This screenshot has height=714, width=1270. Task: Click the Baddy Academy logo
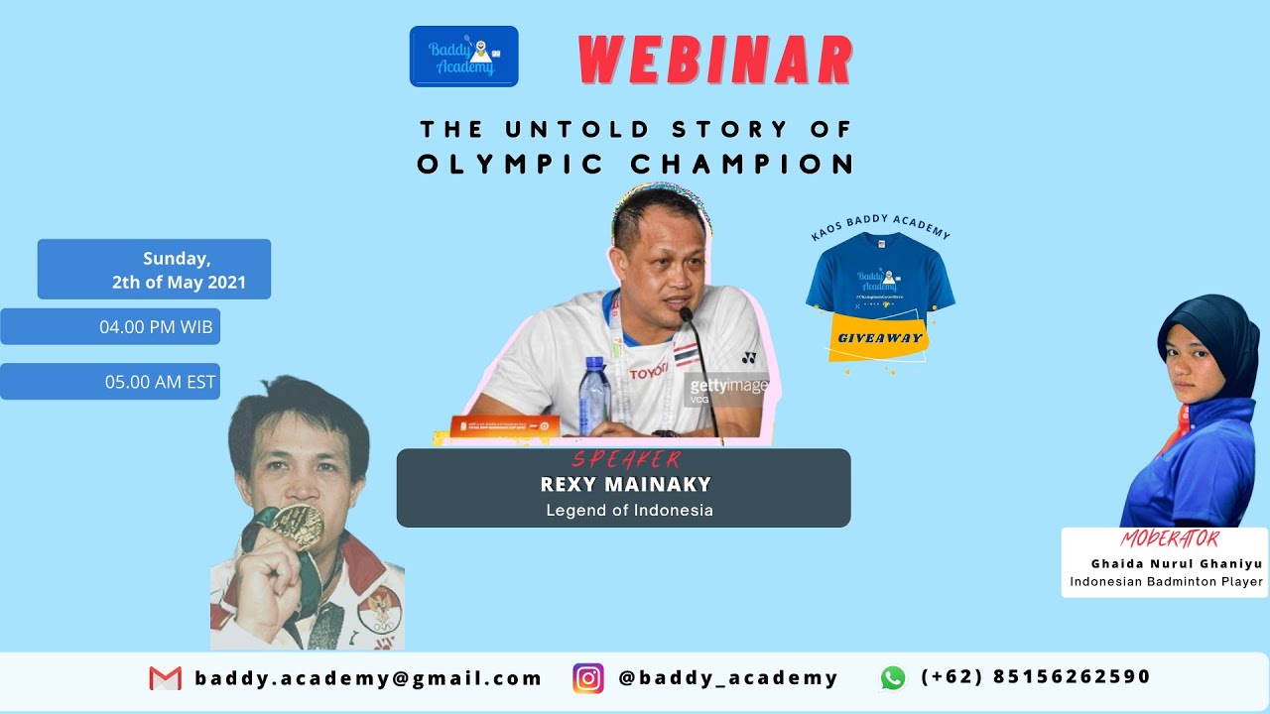(x=463, y=57)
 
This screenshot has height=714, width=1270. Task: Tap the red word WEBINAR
(x=715, y=61)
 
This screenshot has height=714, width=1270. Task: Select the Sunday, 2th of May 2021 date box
(x=155, y=270)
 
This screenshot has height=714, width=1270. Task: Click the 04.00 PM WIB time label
(x=110, y=326)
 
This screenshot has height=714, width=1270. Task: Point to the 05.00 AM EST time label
(x=110, y=382)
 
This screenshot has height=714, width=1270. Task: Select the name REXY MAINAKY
(x=626, y=485)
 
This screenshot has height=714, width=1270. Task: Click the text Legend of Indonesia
(x=629, y=511)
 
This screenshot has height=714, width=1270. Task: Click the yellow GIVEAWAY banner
(x=879, y=338)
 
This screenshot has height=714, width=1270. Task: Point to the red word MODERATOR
(x=1169, y=539)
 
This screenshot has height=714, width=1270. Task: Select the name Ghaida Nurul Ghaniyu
(x=1176, y=563)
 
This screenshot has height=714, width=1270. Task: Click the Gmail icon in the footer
(x=166, y=678)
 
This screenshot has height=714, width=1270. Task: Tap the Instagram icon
(x=588, y=678)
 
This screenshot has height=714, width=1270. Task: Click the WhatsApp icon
(x=893, y=677)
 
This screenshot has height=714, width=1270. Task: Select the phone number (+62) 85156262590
(x=1036, y=676)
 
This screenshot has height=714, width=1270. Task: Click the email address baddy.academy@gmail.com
(x=368, y=678)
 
